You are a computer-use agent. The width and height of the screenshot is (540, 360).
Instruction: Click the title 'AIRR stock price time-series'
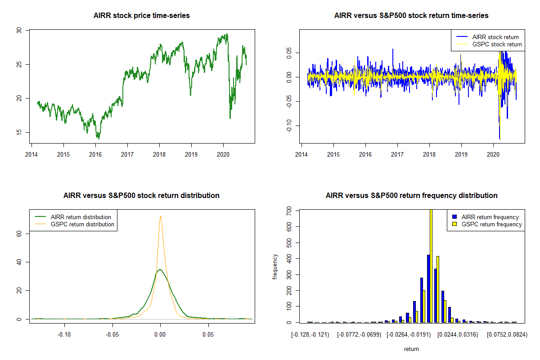[x=141, y=16]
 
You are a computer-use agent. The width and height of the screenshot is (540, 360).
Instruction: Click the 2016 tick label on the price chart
[x=95, y=152]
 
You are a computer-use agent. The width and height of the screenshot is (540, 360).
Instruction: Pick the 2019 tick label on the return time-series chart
[x=461, y=152]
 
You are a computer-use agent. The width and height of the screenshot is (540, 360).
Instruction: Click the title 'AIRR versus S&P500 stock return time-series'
[x=411, y=16]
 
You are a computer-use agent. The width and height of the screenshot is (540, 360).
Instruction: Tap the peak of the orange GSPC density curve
[x=160, y=216]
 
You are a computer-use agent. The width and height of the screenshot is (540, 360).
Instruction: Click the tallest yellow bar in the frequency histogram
[x=431, y=265]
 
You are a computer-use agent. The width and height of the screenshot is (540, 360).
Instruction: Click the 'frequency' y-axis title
[x=275, y=266]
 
